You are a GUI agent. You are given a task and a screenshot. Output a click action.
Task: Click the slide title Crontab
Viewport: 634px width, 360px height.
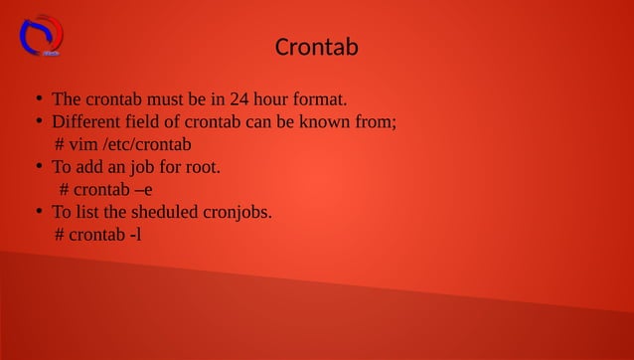[x=316, y=47]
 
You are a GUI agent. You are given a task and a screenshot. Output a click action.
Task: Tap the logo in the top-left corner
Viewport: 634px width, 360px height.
[x=41, y=35]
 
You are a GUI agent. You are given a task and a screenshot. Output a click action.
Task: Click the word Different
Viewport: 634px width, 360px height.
[x=87, y=122]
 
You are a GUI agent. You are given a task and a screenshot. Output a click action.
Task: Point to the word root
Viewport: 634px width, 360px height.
[x=202, y=167]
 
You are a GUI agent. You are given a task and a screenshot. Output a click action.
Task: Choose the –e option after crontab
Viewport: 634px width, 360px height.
[x=143, y=190]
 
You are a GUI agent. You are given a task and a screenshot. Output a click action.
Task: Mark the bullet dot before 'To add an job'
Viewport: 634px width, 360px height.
[x=37, y=167]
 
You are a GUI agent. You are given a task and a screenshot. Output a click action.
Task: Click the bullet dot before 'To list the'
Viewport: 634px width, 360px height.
[x=37, y=212]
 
